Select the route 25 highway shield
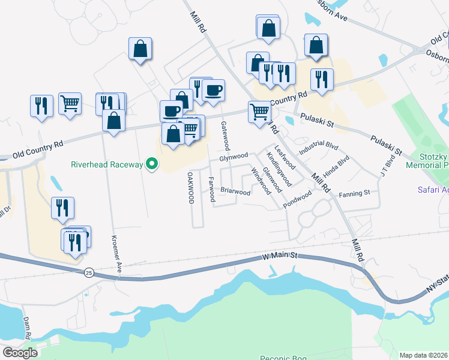tap(88, 272)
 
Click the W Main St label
tap(280, 256)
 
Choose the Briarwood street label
tap(235, 192)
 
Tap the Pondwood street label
tap(298, 199)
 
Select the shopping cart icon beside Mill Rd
tap(259, 112)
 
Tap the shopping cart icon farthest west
tap(70, 104)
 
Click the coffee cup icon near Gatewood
tap(213, 91)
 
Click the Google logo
tap(19, 352)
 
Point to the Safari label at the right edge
tap(433, 190)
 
